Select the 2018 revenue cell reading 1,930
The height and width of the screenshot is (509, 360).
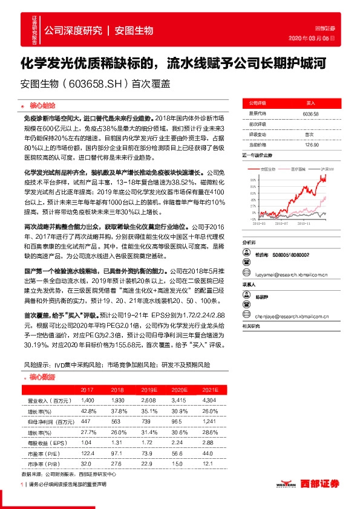117,401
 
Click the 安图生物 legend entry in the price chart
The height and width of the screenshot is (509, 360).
264,169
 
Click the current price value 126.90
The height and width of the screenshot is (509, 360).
312,144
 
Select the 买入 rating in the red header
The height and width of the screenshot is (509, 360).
311,103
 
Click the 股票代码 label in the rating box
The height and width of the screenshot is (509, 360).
258,114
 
